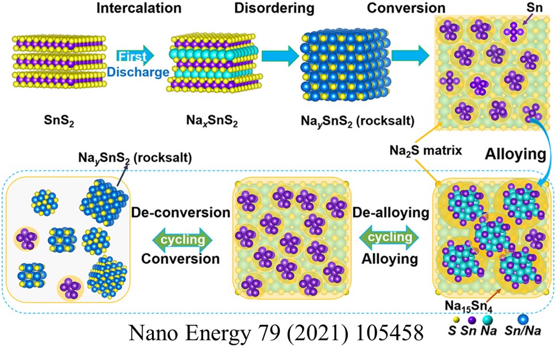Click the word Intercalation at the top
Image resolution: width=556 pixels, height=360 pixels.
tap(138, 9)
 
